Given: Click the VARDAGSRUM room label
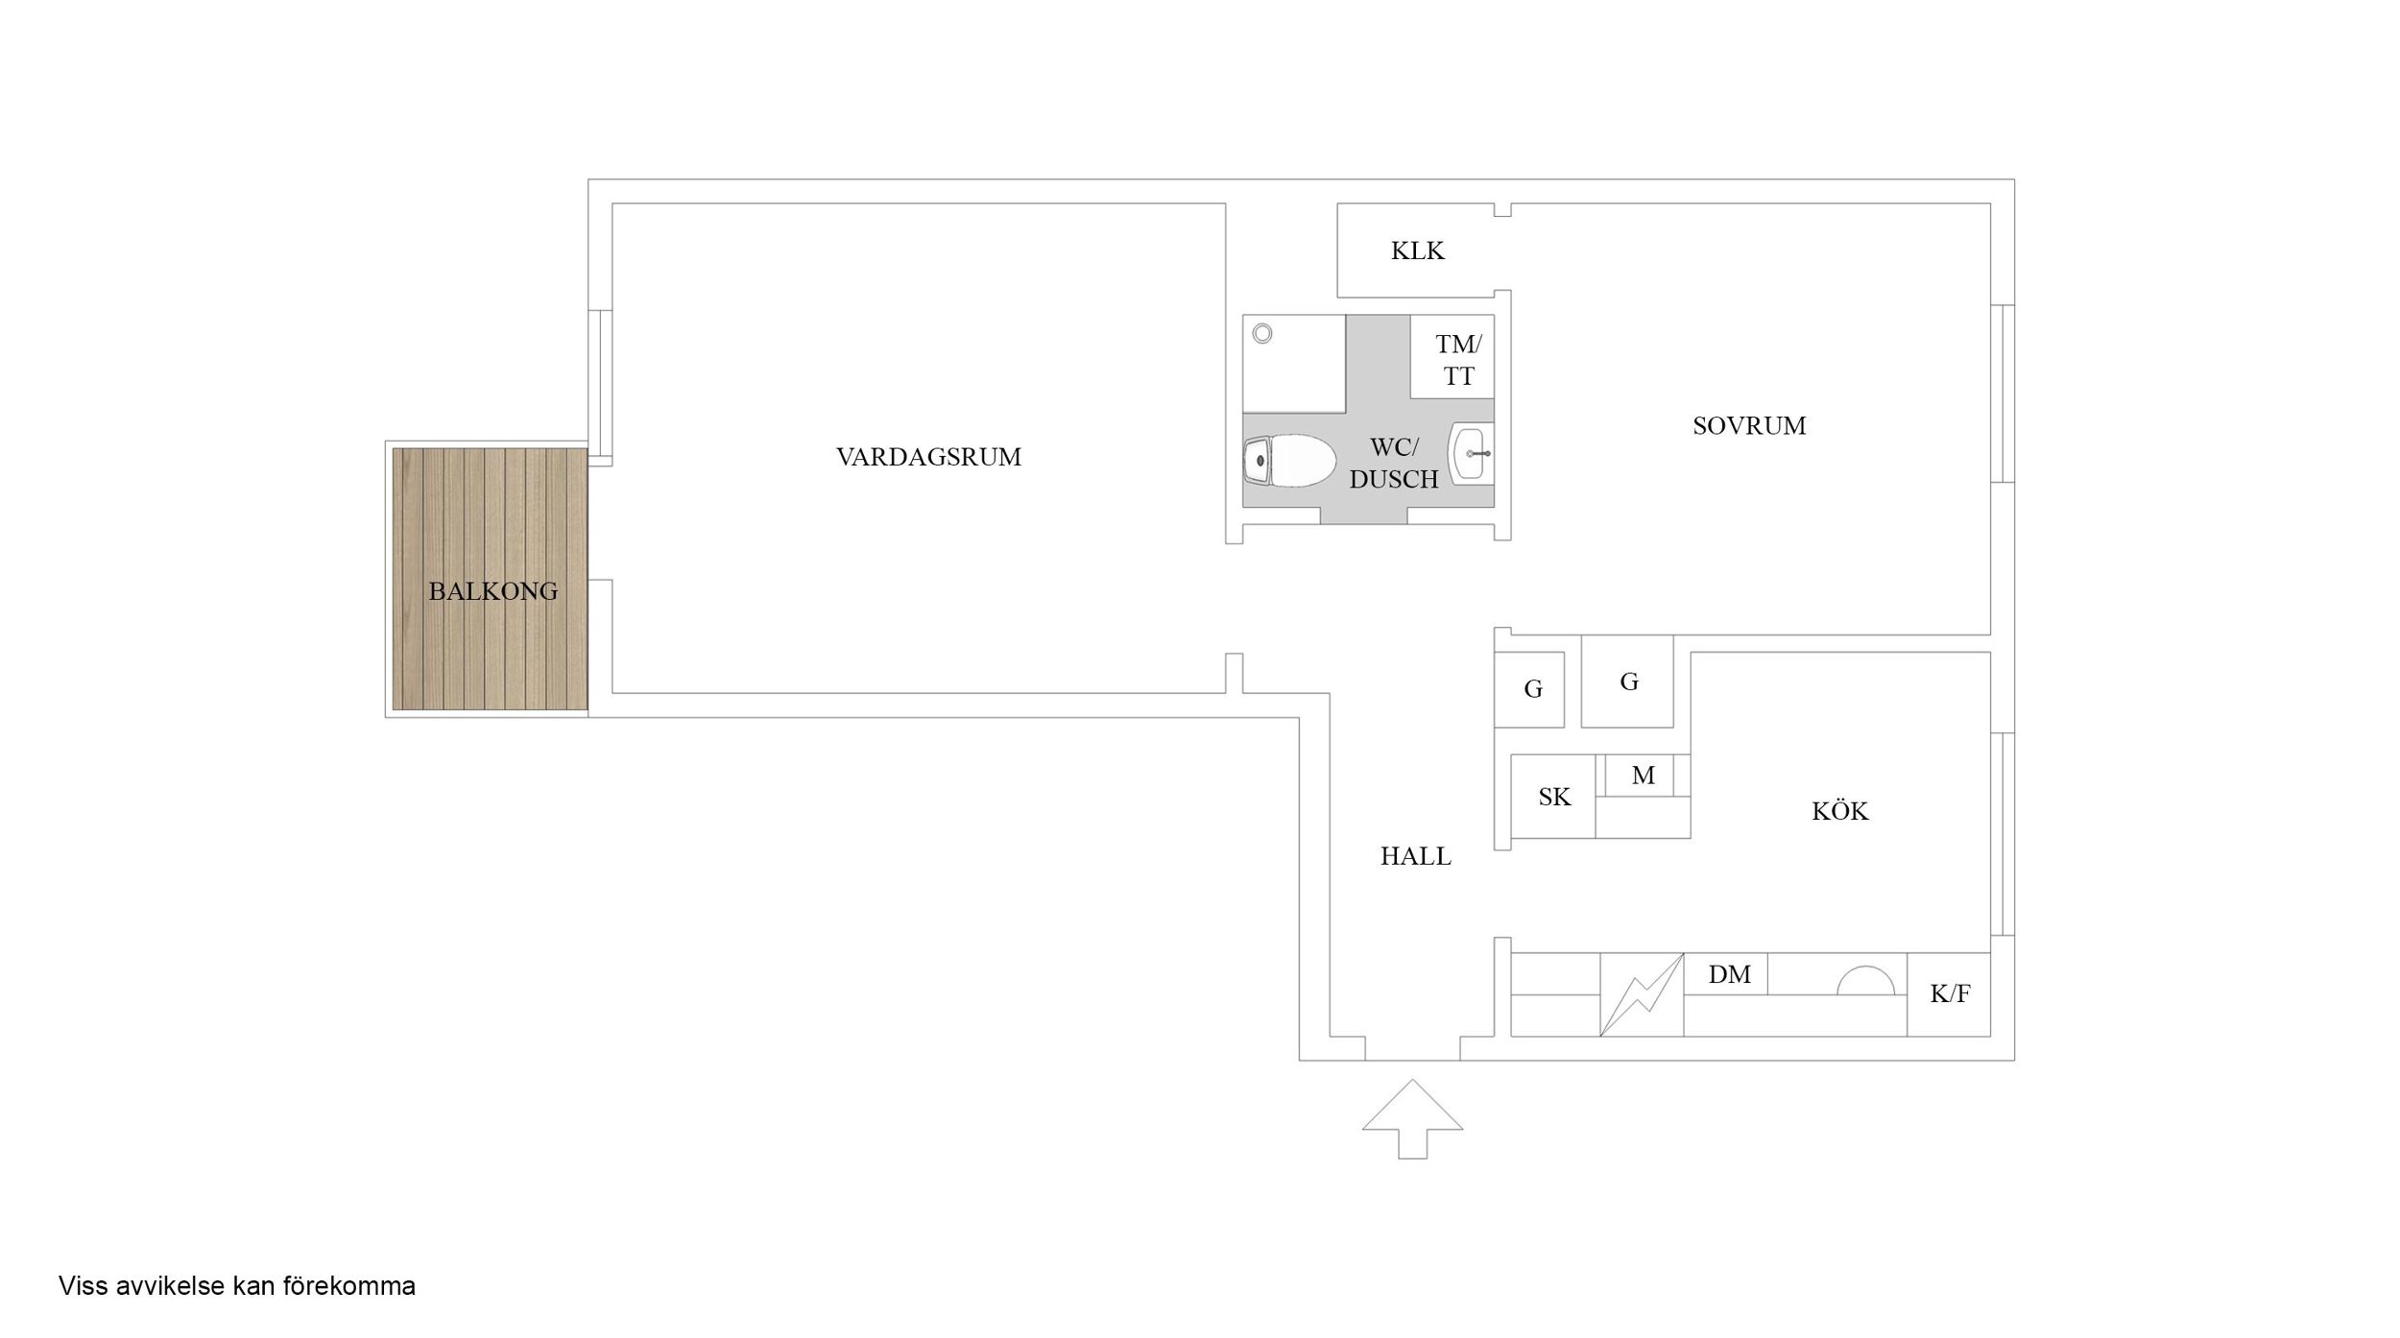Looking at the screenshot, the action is pos(928,457).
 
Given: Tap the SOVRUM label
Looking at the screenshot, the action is pos(1748,426).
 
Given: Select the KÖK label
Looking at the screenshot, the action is pos(1839,811).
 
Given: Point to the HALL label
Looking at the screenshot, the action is pos(1415,856).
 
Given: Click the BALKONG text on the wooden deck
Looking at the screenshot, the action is pos(492,591).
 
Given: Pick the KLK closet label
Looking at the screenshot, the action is pos(1417,251).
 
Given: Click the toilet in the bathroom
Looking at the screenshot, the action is pos(1289,461).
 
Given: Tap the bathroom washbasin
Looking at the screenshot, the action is pos(1472,453).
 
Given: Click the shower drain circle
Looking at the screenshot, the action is pos(1262,333).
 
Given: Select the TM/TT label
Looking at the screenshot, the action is pos(1458,360).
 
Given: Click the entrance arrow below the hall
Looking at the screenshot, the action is pos(1412,1118).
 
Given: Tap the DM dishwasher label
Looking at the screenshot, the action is pos(1729,975).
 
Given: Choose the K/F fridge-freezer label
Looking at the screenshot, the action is pos(1950,993).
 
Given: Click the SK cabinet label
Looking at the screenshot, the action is pos(1554,797).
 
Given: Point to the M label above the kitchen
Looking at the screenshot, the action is pos(1643,776).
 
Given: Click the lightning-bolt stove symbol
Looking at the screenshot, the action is pos(1642,994).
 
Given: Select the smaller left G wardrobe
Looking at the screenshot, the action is pos(1529,689).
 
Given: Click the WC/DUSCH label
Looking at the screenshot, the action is pos(1393,463).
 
